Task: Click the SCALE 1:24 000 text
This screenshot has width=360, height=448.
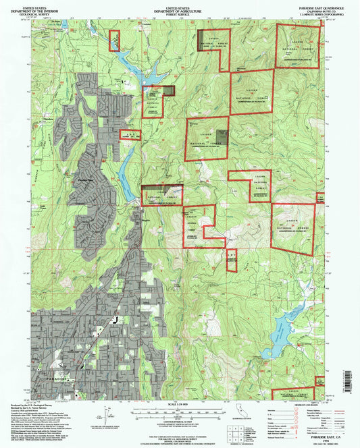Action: pyautogui.click(x=180, y=403)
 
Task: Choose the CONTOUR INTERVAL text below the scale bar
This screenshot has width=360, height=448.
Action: pyautogui.click(x=180, y=419)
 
